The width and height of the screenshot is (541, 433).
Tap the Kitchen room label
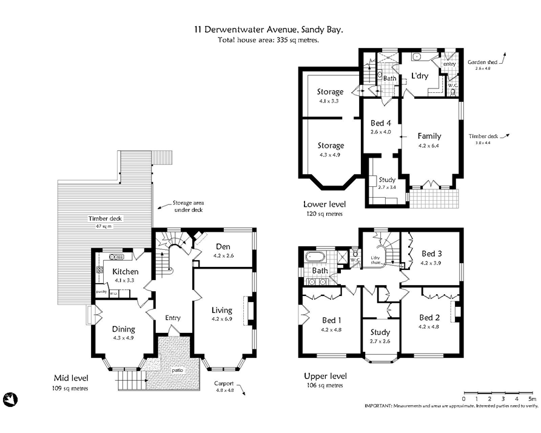[125, 272]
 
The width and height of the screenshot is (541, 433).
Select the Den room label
[223, 247]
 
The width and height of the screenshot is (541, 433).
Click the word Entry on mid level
[173, 318]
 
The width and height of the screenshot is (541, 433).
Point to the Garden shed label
[479, 62]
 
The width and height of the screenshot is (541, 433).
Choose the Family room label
[429, 136]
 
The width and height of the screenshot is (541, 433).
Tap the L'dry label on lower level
[421, 76]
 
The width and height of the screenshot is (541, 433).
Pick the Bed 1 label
[331, 320]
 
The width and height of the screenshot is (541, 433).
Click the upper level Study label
[381, 332]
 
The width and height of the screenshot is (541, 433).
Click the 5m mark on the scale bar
[531, 398]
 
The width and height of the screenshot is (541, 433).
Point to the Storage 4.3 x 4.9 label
[331, 146]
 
